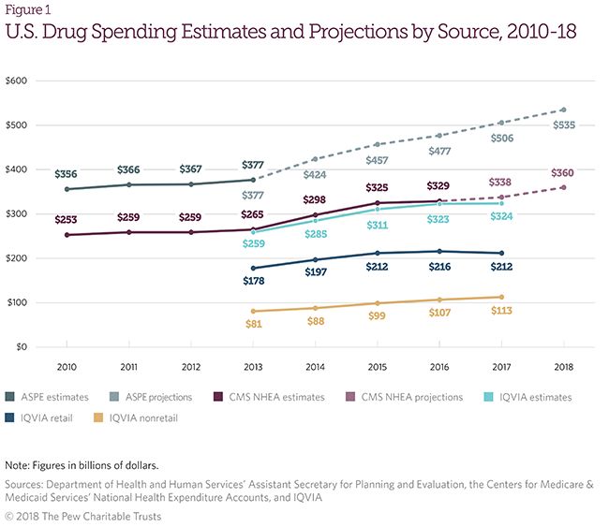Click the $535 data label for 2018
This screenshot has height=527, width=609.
tap(563, 125)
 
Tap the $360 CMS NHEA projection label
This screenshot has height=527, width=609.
tap(562, 173)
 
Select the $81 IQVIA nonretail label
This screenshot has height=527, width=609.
tap(253, 325)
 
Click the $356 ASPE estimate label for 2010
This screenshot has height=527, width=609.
tap(67, 174)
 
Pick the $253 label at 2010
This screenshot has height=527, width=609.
tap(67, 220)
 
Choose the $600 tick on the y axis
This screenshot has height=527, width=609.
tap(17, 81)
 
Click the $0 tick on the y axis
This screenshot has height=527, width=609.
tap(22, 346)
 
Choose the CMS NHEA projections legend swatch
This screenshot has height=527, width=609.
tap(345, 397)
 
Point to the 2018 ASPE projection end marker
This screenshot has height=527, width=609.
tap(563, 110)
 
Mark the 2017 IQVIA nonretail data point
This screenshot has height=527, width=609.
tap(501, 297)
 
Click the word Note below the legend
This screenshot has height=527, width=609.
tap(18, 465)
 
